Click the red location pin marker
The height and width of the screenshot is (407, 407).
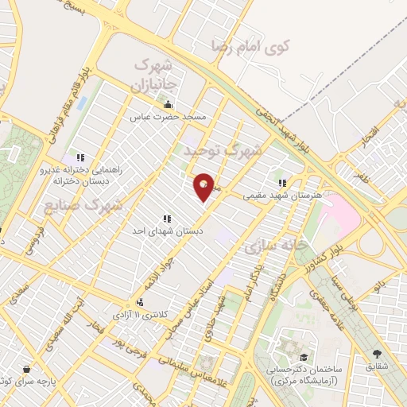coord(204,187)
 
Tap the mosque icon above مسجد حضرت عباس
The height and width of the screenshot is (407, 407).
coord(168,105)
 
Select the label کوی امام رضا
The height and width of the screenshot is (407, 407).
coord(251,45)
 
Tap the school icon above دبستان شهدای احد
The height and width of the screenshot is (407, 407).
coord(167,218)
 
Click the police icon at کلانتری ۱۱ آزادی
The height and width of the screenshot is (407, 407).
coord(140,302)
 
